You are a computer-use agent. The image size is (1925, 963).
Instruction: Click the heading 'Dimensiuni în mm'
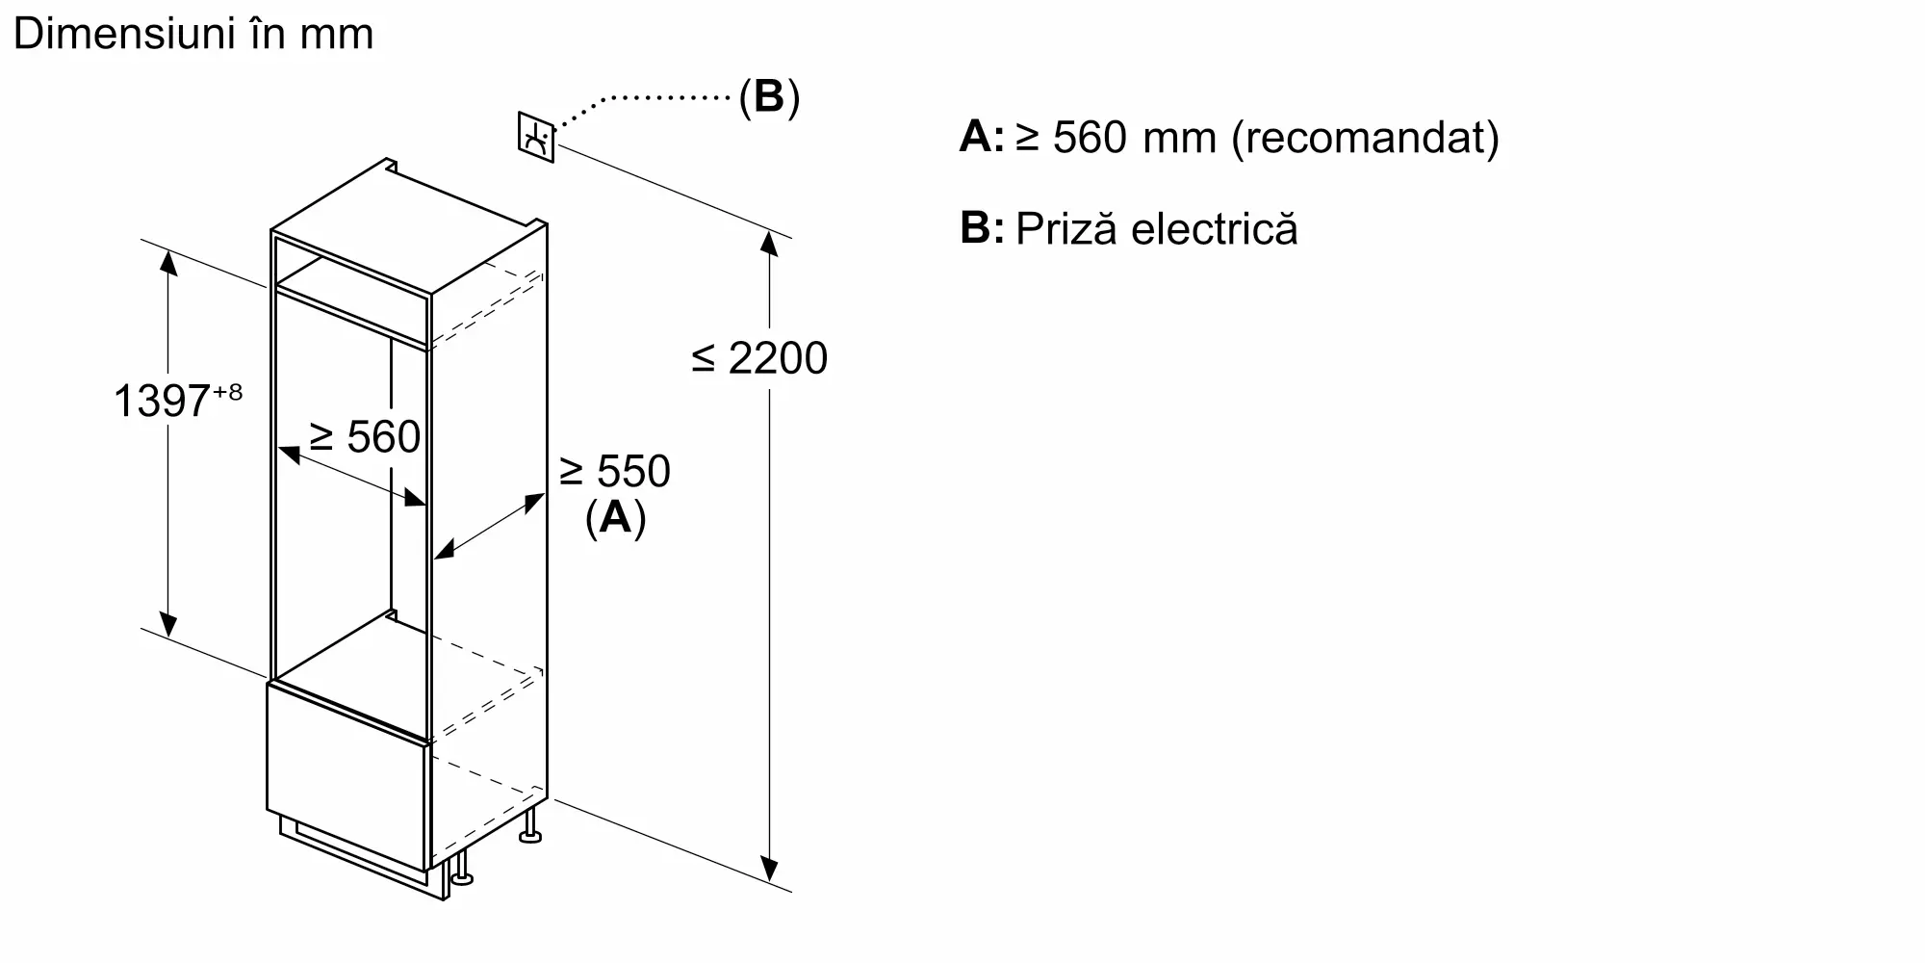click(193, 35)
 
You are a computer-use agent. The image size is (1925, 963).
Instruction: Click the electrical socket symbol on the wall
click(536, 138)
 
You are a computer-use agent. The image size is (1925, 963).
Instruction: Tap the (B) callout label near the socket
click(769, 97)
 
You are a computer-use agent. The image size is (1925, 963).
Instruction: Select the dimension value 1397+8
click(177, 400)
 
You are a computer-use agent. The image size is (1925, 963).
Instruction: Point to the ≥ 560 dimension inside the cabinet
click(365, 437)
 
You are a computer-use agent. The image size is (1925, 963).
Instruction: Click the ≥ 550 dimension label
click(614, 472)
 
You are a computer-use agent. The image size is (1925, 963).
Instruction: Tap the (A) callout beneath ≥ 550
click(615, 518)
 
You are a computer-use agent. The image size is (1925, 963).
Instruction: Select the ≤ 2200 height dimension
click(759, 358)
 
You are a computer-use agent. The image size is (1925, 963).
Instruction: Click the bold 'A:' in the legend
click(981, 138)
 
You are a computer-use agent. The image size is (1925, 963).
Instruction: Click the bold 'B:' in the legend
click(981, 229)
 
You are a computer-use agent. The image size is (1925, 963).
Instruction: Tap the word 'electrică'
click(1215, 229)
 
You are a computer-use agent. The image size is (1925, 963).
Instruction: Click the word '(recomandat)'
click(1365, 138)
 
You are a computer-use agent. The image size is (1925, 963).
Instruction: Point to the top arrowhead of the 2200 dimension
click(769, 243)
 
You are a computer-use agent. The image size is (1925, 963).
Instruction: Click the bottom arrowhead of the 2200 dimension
click(769, 870)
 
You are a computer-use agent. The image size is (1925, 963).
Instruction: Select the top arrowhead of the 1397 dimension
click(168, 261)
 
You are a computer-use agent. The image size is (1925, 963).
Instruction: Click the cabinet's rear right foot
click(529, 831)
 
